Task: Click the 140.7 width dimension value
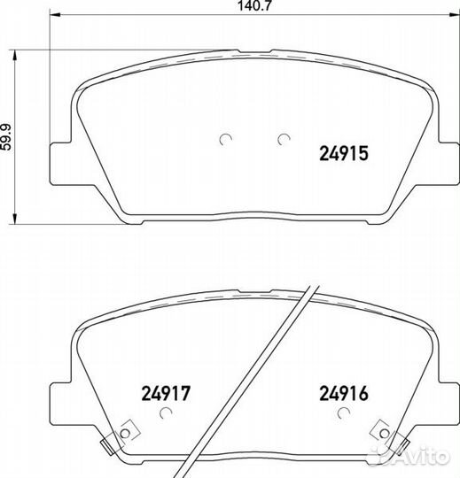(x=254, y=5)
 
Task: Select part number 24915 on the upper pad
(x=344, y=153)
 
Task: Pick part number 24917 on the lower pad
(x=166, y=393)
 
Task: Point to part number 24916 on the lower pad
(x=344, y=393)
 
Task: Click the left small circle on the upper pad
(x=225, y=139)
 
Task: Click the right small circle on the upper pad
(x=284, y=139)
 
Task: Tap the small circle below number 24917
(x=166, y=412)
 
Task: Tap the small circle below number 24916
(x=343, y=412)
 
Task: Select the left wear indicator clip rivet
(x=125, y=433)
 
